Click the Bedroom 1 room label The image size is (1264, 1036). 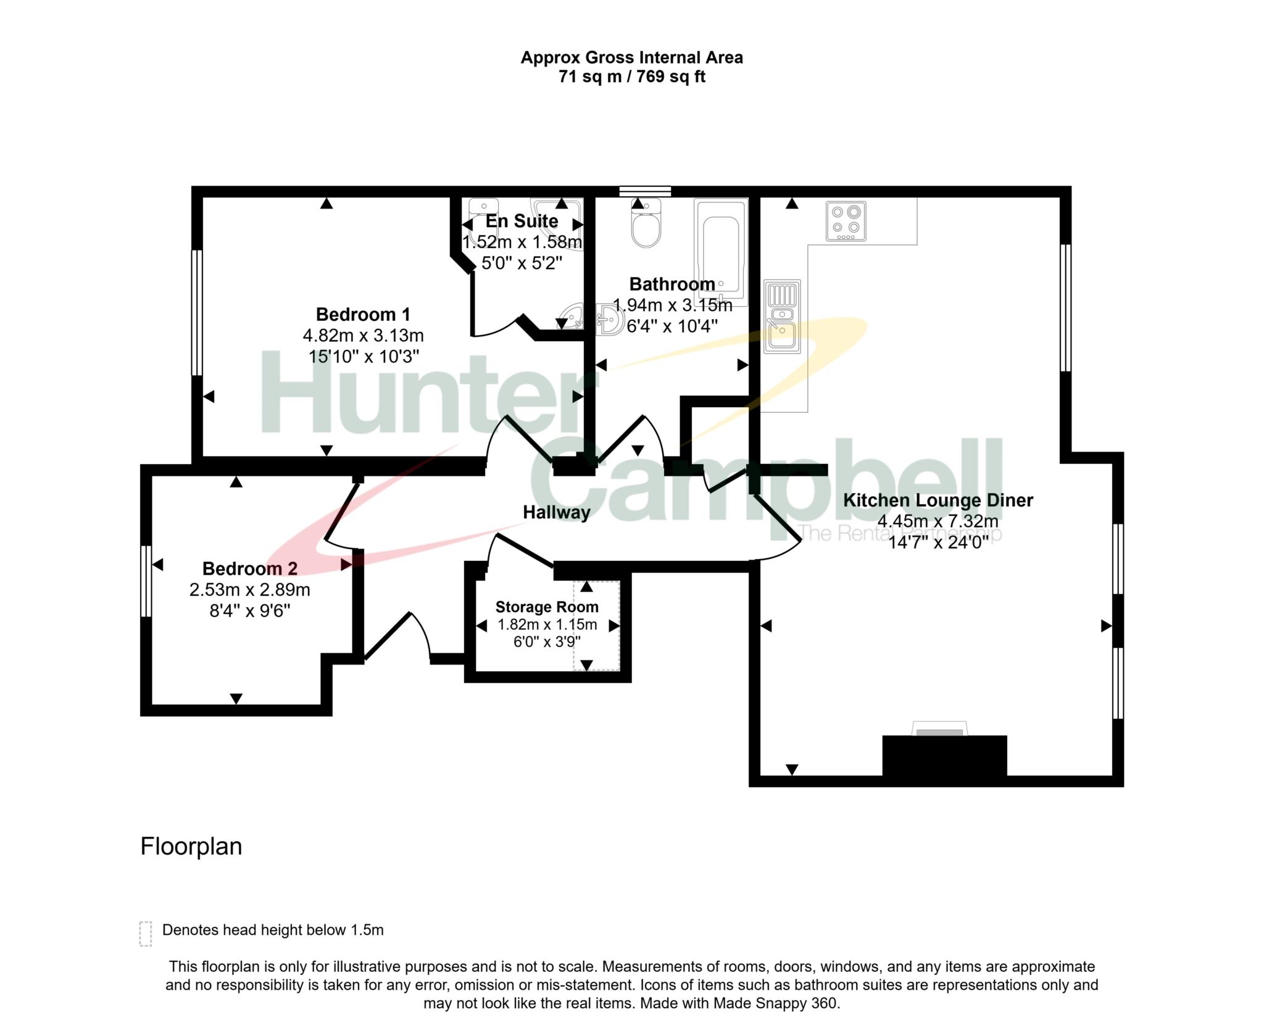tap(363, 315)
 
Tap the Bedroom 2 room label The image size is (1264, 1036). tap(250, 568)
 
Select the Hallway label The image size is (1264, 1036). tap(557, 512)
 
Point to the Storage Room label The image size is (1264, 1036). tap(547, 607)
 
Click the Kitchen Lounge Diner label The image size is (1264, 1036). tap(938, 500)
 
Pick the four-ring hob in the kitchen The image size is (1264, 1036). tap(846, 221)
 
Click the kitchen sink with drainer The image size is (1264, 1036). tap(782, 317)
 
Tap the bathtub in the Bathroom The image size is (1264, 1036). tap(721, 252)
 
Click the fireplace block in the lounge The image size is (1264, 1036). tap(944, 755)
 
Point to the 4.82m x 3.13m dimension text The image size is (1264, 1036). tap(363, 336)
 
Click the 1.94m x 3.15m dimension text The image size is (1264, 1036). tap(673, 305)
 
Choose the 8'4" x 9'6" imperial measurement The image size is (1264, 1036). tap(250, 611)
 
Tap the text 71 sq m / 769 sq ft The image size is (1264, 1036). tap(632, 77)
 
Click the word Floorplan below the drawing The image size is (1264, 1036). tap(191, 847)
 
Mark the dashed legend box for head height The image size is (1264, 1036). tap(146, 934)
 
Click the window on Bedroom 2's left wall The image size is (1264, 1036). tap(146, 581)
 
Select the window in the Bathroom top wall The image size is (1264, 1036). tap(646, 191)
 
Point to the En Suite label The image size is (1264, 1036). tap(522, 221)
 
